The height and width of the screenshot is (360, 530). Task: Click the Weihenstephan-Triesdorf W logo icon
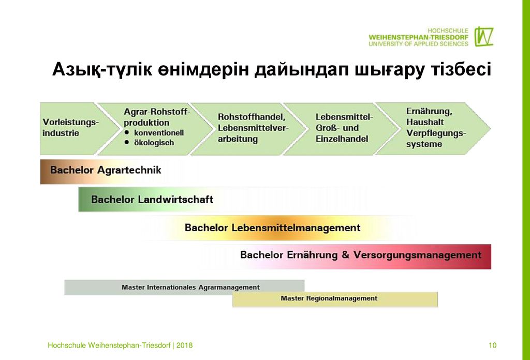pyautogui.click(x=484, y=37)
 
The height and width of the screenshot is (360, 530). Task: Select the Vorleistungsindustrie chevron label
pyautogui.click(x=70, y=127)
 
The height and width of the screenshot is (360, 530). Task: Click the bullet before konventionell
pyautogui.click(x=127, y=132)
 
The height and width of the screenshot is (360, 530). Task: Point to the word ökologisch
pyautogui.click(x=154, y=143)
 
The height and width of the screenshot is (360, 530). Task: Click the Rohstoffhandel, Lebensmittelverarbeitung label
pyautogui.click(x=253, y=128)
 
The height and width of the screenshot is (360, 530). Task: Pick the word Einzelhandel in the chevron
pyautogui.click(x=342, y=139)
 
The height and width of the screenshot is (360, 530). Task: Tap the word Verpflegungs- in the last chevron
pyautogui.click(x=436, y=133)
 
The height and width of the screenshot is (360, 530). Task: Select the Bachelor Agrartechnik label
pyautogui.click(x=106, y=170)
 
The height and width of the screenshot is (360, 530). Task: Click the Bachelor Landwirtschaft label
pyautogui.click(x=152, y=199)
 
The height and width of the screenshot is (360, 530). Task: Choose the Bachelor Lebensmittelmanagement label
pyautogui.click(x=272, y=228)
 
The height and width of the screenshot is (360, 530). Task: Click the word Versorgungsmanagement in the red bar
pyautogui.click(x=417, y=254)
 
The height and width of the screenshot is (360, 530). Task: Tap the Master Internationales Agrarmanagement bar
pyautogui.click(x=184, y=288)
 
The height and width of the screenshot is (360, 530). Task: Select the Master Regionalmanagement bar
pyautogui.click(x=335, y=299)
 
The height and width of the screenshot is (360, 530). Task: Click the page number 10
pyautogui.click(x=493, y=345)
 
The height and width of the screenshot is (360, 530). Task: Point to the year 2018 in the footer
pyautogui.click(x=184, y=345)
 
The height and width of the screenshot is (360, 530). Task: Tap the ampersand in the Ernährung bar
pyautogui.click(x=345, y=254)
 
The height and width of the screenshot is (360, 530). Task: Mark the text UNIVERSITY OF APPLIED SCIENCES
pyautogui.click(x=418, y=44)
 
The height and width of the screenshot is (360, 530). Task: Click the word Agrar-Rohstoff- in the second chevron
pyautogui.click(x=157, y=111)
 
